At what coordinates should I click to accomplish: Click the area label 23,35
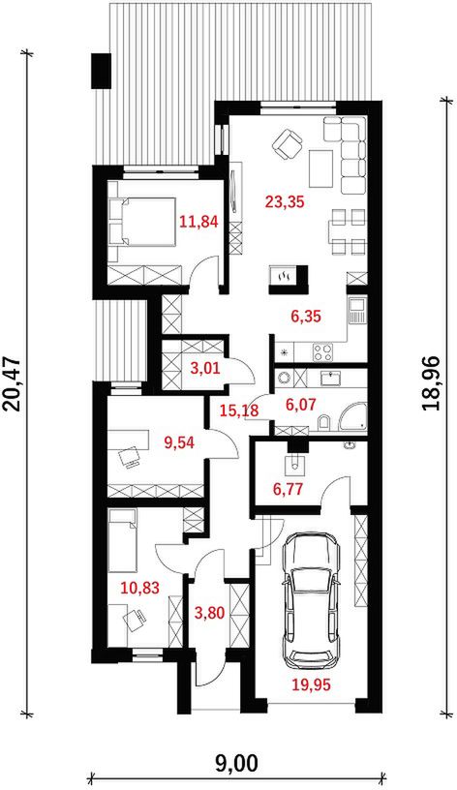coord(285,202)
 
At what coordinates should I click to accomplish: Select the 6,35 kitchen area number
coord(306,317)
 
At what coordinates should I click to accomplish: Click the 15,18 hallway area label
coord(240,410)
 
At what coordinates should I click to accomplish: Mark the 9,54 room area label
coord(180,442)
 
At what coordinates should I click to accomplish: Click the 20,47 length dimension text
coord(15,384)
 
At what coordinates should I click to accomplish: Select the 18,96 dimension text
coord(434,384)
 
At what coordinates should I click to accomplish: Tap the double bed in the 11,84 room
coord(142,222)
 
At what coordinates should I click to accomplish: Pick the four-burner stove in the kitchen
coord(323,351)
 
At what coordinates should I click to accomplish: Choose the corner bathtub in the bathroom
coord(353,417)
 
